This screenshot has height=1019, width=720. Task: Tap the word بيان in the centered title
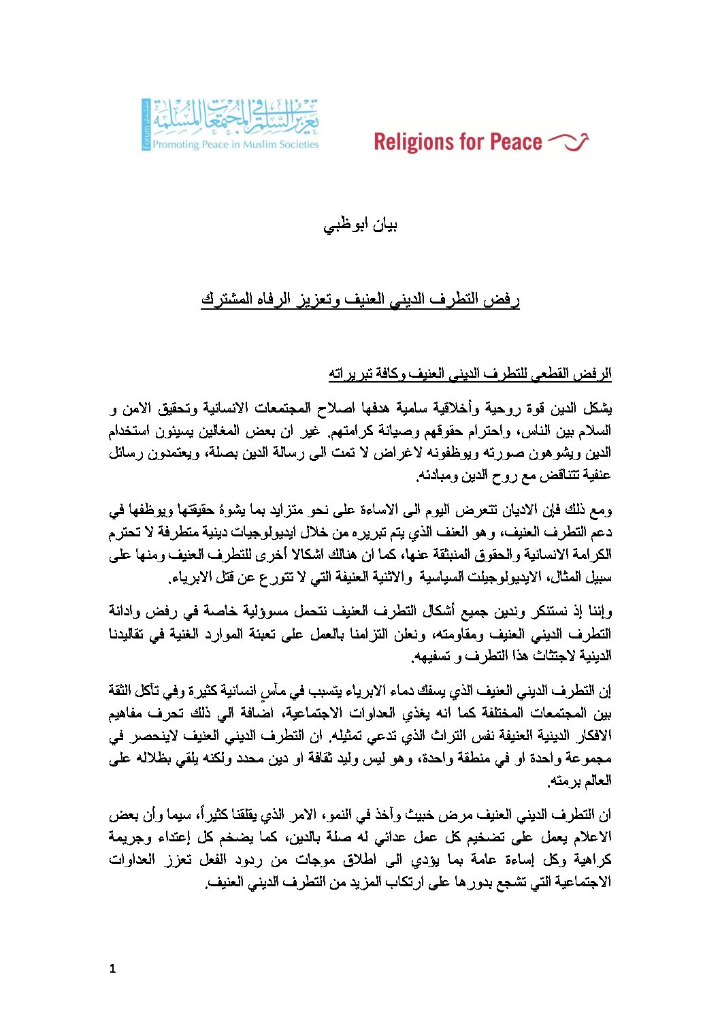[x=383, y=225]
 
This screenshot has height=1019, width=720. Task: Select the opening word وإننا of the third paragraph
[x=600, y=611]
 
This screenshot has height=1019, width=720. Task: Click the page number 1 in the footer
[x=112, y=969]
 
